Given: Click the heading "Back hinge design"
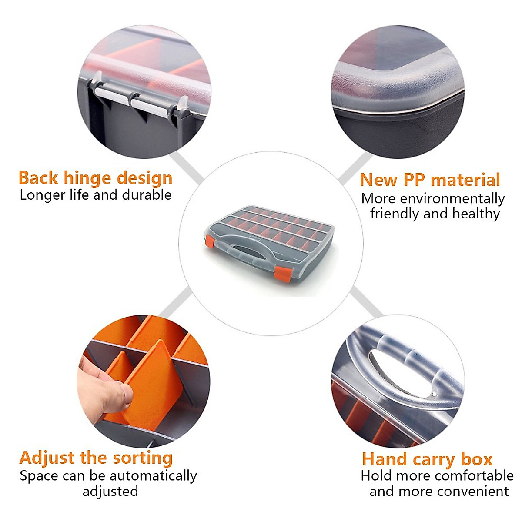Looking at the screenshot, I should click(95, 178).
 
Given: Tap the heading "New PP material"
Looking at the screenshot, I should click(430, 180).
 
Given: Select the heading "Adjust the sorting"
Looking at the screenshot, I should click(96, 458).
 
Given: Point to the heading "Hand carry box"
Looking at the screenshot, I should click(427, 459).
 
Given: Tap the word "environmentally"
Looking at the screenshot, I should click(452, 198).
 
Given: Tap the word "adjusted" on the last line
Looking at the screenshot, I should click(110, 492).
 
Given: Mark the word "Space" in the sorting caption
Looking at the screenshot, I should click(38, 476).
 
